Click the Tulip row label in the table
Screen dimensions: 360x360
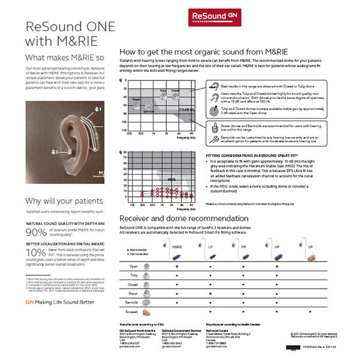tap(133, 274)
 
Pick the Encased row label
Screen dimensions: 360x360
tap(131, 313)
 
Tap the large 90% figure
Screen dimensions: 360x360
tap(35, 233)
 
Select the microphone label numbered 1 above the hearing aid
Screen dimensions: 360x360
tap(98, 110)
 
